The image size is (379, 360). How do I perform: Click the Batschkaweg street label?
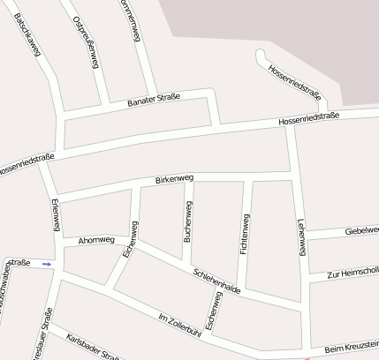tap(28, 35)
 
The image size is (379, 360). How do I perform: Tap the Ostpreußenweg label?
tap(87, 41)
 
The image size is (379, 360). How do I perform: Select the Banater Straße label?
tap(154, 102)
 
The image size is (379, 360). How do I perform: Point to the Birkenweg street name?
tap(174, 180)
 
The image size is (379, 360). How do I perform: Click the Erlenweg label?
tap(55, 215)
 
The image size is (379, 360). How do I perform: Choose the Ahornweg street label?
tap(96, 239)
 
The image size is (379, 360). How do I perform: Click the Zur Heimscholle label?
tap(352, 272)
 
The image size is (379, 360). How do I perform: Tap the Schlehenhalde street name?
tap(216, 277)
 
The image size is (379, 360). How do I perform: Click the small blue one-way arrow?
tap(47, 263)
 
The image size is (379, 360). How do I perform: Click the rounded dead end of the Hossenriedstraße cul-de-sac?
tap(260, 55)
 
